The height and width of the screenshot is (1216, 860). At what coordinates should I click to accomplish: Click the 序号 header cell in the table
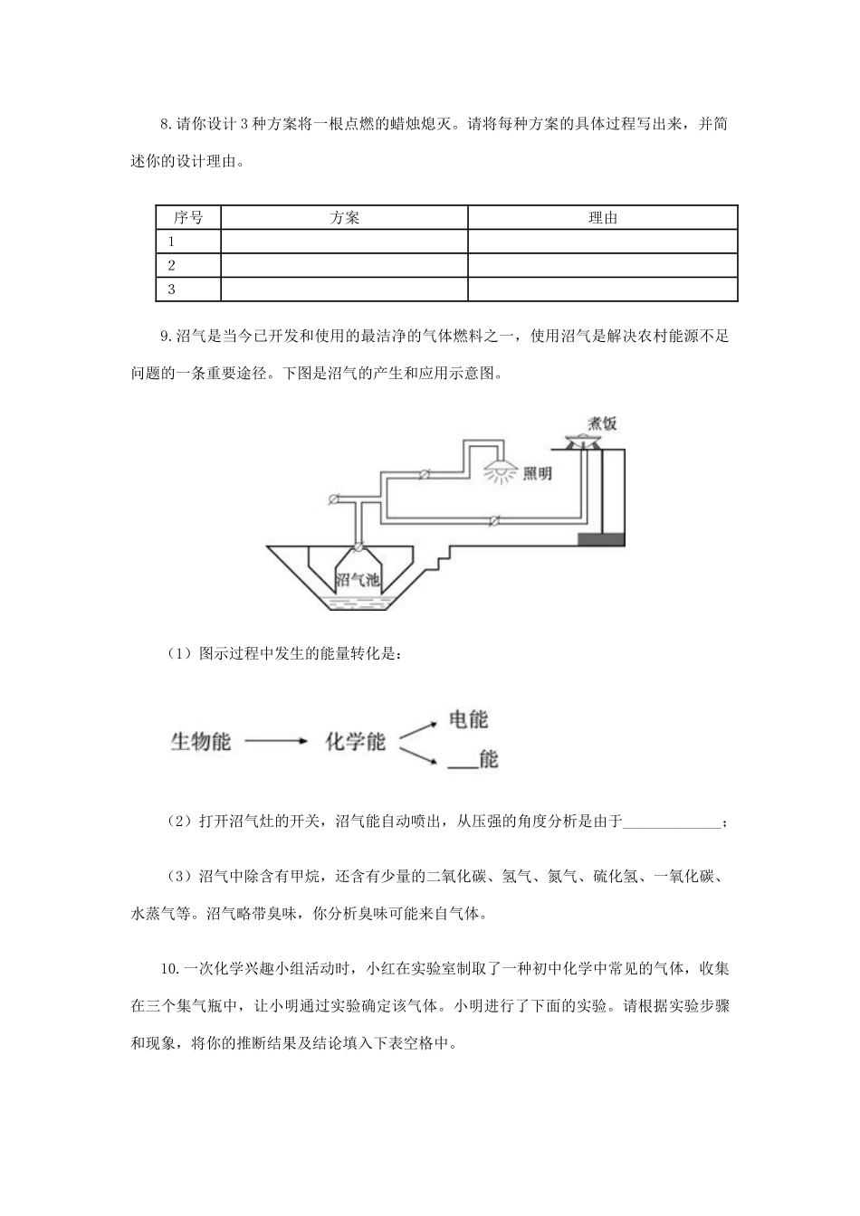point(188,218)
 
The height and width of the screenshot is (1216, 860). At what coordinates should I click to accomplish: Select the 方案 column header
point(344,218)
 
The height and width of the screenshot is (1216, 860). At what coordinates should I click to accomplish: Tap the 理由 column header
point(603,218)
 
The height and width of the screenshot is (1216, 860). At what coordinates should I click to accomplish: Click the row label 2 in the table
point(172,265)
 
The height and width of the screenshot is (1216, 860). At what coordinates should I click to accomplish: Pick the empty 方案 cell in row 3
point(344,290)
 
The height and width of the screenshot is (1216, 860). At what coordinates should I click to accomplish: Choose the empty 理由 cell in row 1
point(603,242)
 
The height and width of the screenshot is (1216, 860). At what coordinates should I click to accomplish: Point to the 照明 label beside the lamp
point(537,473)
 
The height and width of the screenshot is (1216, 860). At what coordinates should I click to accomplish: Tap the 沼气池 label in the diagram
point(358,580)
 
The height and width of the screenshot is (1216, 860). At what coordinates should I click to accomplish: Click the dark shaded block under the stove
point(601,539)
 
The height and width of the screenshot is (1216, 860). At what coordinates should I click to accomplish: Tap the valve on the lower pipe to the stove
point(493,521)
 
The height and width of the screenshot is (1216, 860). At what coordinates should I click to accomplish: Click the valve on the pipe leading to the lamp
point(425,473)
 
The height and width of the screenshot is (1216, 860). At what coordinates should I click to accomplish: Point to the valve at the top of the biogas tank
point(358,546)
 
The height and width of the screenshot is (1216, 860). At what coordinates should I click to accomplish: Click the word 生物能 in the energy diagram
point(201,742)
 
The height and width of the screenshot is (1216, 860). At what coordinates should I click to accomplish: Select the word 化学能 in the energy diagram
point(356,742)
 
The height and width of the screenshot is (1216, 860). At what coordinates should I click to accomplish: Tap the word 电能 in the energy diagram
point(468,719)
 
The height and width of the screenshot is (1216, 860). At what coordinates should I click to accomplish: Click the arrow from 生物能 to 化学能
point(277,742)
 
